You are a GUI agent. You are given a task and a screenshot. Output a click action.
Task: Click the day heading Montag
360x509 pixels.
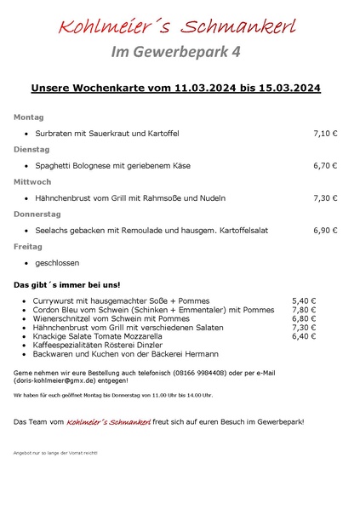pyautogui.click(x=28, y=117)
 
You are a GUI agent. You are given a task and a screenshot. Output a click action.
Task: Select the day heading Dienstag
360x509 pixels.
pyautogui.click(x=32, y=149)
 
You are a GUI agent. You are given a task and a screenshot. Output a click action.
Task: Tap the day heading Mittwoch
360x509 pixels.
pyautogui.click(x=32, y=181)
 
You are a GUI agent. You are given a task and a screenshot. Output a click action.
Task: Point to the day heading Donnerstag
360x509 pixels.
pyautogui.click(x=37, y=214)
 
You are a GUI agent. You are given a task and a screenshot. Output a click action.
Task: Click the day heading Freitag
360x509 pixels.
pyautogui.click(x=28, y=246)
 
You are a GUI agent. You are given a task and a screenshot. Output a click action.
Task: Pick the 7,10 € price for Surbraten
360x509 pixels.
pyautogui.click(x=325, y=134)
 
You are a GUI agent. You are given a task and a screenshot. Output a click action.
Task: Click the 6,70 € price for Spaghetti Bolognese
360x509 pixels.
pyautogui.click(x=325, y=166)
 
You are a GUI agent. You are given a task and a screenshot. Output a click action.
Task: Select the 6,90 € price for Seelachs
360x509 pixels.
pyautogui.click(x=325, y=230)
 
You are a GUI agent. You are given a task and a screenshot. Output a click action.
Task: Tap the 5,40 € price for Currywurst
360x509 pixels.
pyautogui.click(x=304, y=300)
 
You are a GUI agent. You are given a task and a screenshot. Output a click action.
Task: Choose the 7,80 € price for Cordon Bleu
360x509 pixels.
pyautogui.click(x=304, y=310)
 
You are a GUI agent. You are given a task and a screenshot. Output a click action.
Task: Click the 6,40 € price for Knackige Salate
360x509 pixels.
pyautogui.click(x=304, y=336)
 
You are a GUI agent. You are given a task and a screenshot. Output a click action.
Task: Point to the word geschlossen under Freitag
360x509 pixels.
pyautogui.click(x=58, y=263)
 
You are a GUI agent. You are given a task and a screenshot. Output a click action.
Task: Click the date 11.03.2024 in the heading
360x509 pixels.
pyautogui.click(x=208, y=88)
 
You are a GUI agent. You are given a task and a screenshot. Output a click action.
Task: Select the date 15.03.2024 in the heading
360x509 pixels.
pyautogui.click(x=285, y=88)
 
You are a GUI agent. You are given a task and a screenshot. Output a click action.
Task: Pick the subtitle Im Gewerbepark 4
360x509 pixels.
pyautogui.click(x=176, y=52)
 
